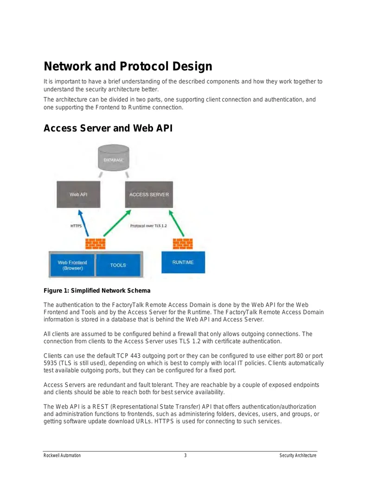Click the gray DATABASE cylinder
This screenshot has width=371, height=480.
pyautogui.click(x=114, y=158)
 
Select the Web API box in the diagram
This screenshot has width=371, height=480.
pyautogui.click(x=78, y=194)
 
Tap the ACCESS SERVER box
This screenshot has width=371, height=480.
pyautogui.click(x=149, y=194)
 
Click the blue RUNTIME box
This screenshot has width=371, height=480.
pyautogui.click(x=183, y=262)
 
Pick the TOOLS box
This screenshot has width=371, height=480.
pyautogui.click(x=118, y=265)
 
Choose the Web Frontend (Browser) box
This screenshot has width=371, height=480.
pyautogui.click(x=72, y=265)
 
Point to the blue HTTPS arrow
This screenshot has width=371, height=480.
pyautogui.click(x=83, y=223)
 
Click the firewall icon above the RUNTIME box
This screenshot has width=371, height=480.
pyautogui.click(x=183, y=243)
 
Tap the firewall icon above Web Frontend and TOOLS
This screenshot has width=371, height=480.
pyautogui.click(x=95, y=243)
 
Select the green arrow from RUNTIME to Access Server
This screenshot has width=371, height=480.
pyautogui.click(x=177, y=223)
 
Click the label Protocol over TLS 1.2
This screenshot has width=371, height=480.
pyautogui.click(x=148, y=226)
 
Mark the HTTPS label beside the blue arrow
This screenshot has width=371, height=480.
pyautogui.click(x=76, y=226)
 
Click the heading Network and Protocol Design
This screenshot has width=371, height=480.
pyautogui.click(x=128, y=66)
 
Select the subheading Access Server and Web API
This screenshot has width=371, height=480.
pyautogui.click(x=108, y=128)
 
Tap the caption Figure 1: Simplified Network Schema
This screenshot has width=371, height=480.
pyautogui.click(x=97, y=290)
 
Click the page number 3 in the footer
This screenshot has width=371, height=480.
pyautogui.click(x=185, y=455)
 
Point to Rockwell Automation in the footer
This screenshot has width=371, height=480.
pyautogui.click(x=62, y=455)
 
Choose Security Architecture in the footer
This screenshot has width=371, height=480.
pyautogui.click(x=298, y=455)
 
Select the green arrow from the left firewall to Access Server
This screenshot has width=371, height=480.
pyautogui.click(x=117, y=223)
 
